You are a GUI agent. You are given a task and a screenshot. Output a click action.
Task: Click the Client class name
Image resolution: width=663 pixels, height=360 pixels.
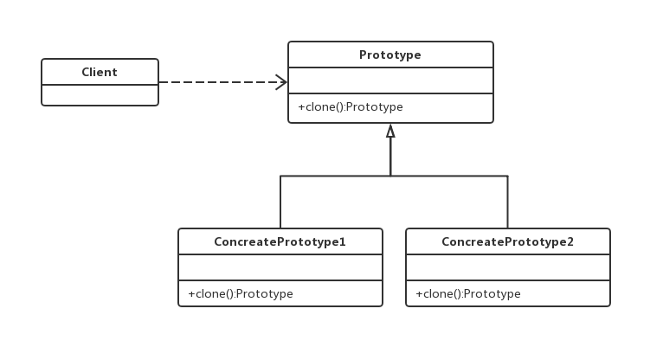[100, 72]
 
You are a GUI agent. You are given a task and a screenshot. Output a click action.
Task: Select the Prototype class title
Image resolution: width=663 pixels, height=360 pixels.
[390, 55]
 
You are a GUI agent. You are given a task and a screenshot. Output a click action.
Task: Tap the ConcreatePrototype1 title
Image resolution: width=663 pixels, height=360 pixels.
[280, 241]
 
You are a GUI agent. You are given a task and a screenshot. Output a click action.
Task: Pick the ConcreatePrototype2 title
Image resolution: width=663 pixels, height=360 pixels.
[507, 241]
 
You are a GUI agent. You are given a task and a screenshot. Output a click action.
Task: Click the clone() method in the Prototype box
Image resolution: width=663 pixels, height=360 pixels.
[351, 107]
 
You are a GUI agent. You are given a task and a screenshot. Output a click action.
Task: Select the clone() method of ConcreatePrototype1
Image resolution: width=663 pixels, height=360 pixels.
[241, 293]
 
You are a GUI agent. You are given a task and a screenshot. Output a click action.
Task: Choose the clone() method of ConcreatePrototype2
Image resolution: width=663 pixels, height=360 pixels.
[468, 293]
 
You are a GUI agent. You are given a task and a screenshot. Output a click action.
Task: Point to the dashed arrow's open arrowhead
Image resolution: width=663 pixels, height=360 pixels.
[281, 82]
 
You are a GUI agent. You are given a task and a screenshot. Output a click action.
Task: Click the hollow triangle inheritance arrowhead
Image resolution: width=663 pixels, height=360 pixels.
[390, 131]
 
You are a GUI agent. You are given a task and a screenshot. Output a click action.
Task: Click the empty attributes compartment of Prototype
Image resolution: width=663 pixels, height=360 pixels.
[390, 80]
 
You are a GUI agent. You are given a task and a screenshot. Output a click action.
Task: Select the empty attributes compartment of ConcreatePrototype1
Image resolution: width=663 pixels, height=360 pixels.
[280, 267]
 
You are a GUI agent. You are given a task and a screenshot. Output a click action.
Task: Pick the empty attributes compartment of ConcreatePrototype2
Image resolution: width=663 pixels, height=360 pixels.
[508, 267]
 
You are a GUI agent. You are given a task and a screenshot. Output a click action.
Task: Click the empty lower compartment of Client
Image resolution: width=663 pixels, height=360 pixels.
[100, 95]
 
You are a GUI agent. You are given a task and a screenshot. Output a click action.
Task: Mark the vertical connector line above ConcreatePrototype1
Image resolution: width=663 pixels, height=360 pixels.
[280, 202]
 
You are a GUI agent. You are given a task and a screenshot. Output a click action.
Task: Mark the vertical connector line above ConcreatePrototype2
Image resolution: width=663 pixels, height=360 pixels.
[507, 202]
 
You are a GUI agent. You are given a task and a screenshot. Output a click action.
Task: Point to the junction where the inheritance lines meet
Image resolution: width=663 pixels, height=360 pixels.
[390, 176]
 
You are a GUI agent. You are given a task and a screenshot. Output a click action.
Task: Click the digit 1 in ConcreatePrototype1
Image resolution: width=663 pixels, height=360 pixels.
[343, 241]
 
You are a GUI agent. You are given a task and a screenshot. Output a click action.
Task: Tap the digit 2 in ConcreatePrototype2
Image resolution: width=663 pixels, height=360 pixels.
[570, 241]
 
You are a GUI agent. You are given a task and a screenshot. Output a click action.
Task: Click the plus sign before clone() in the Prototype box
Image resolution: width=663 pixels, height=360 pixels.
[301, 107]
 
